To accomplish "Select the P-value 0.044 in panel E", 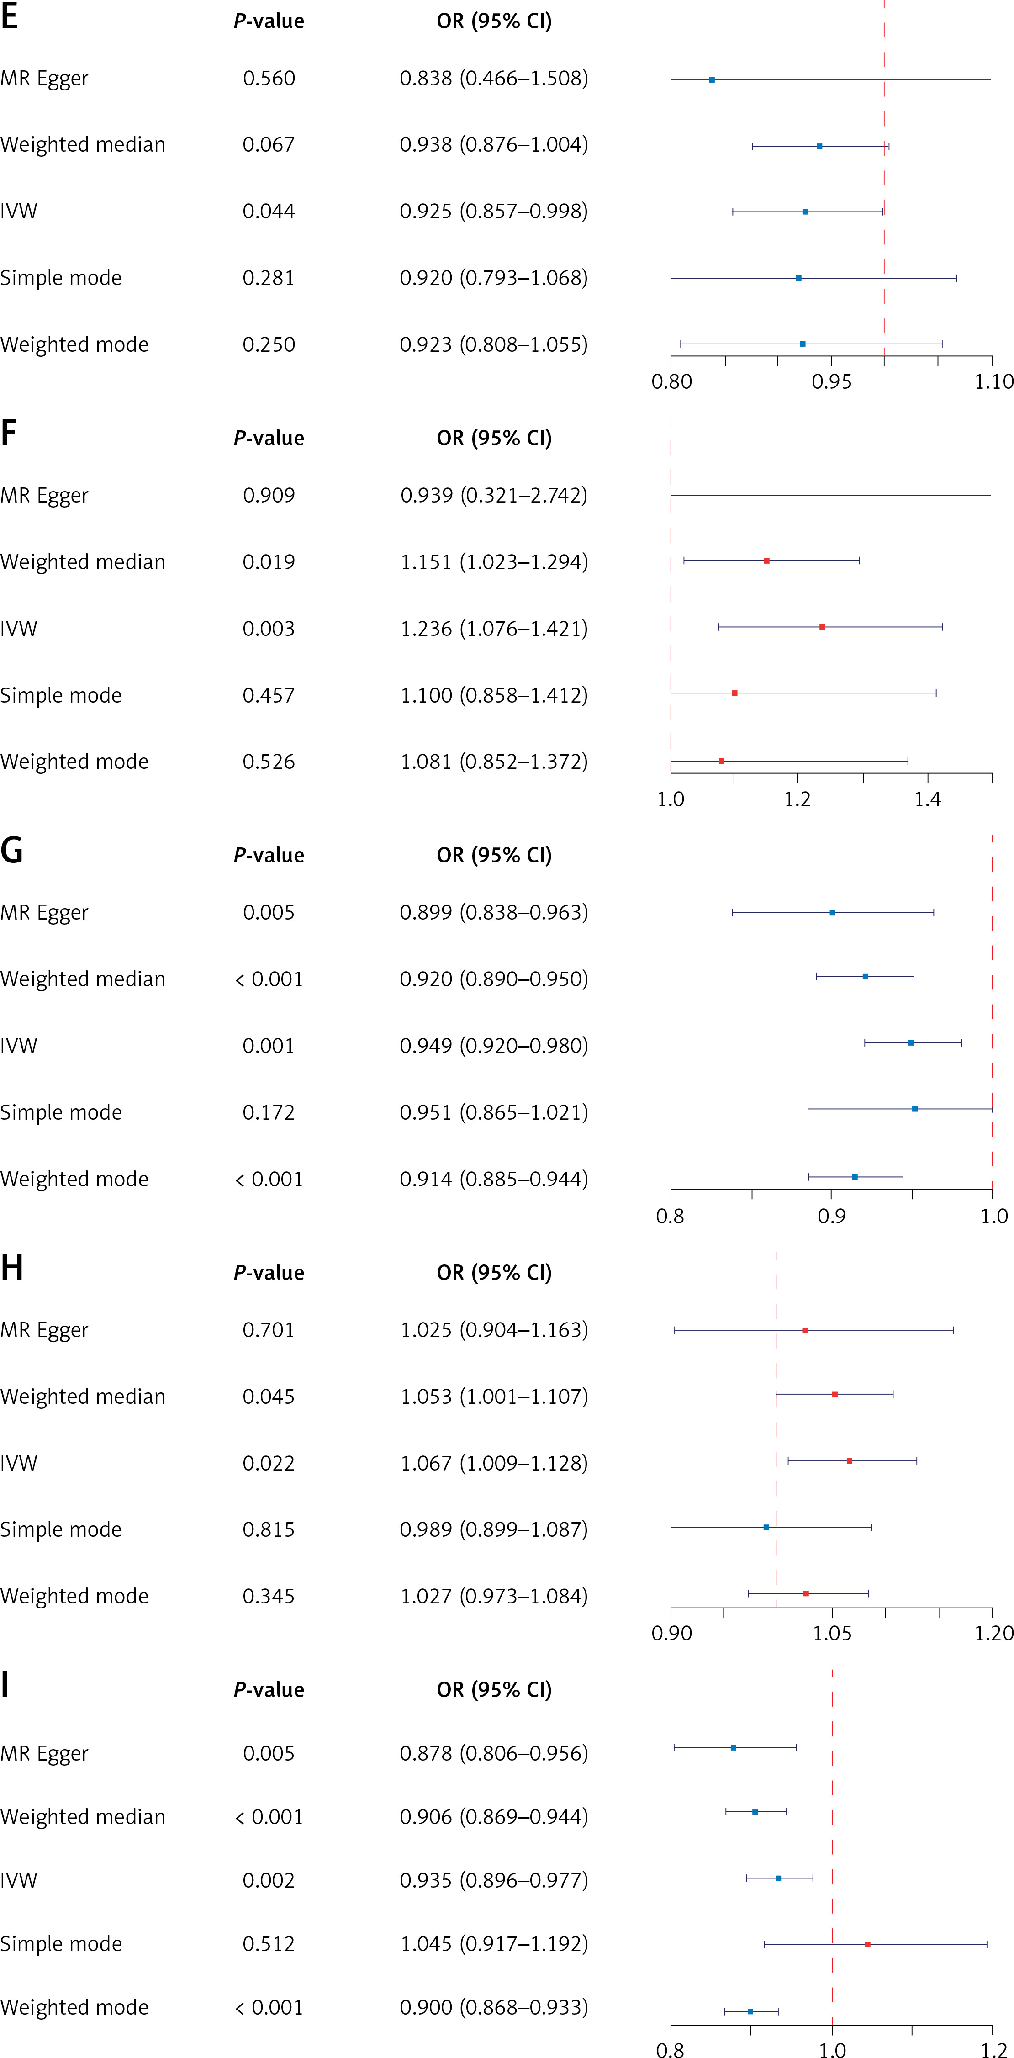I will tap(269, 212).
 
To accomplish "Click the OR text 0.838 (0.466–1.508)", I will tap(494, 78).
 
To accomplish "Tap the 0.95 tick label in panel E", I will tap(831, 382).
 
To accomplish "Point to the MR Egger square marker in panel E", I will tap(712, 80).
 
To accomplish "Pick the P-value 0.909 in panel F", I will tap(269, 495).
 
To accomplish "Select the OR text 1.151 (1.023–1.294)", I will tap(494, 562).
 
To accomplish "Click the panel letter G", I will tap(11, 852).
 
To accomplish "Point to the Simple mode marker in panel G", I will tap(914, 1109).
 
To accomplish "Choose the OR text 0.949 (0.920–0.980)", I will tap(494, 1046).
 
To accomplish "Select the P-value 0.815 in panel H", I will tap(269, 1530).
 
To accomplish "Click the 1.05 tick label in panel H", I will tap(832, 1634).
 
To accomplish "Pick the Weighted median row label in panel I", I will tap(82, 1818).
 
